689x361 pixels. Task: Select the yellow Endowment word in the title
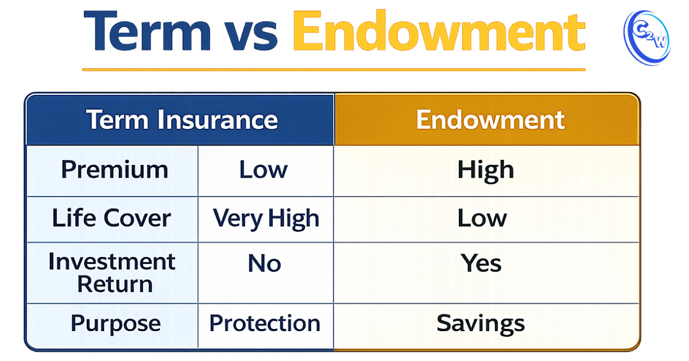click(x=438, y=32)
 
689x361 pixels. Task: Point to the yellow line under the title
click(x=334, y=70)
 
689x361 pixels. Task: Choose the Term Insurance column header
click(x=182, y=120)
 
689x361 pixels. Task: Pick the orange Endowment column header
click(x=490, y=120)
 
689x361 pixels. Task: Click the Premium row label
click(x=114, y=170)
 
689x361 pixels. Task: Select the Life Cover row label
click(x=112, y=218)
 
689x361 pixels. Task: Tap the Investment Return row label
click(x=112, y=272)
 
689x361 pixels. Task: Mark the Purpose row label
click(x=115, y=323)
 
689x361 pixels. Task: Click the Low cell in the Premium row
click(x=263, y=170)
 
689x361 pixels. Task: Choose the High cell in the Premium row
click(x=485, y=170)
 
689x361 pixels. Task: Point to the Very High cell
click(x=266, y=218)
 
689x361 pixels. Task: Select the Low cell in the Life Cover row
click(x=482, y=218)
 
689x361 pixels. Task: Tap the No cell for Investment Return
click(x=264, y=263)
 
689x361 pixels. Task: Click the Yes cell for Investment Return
click(x=481, y=263)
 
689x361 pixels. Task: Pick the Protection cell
click(x=265, y=323)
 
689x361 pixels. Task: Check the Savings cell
click(x=481, y=323)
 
